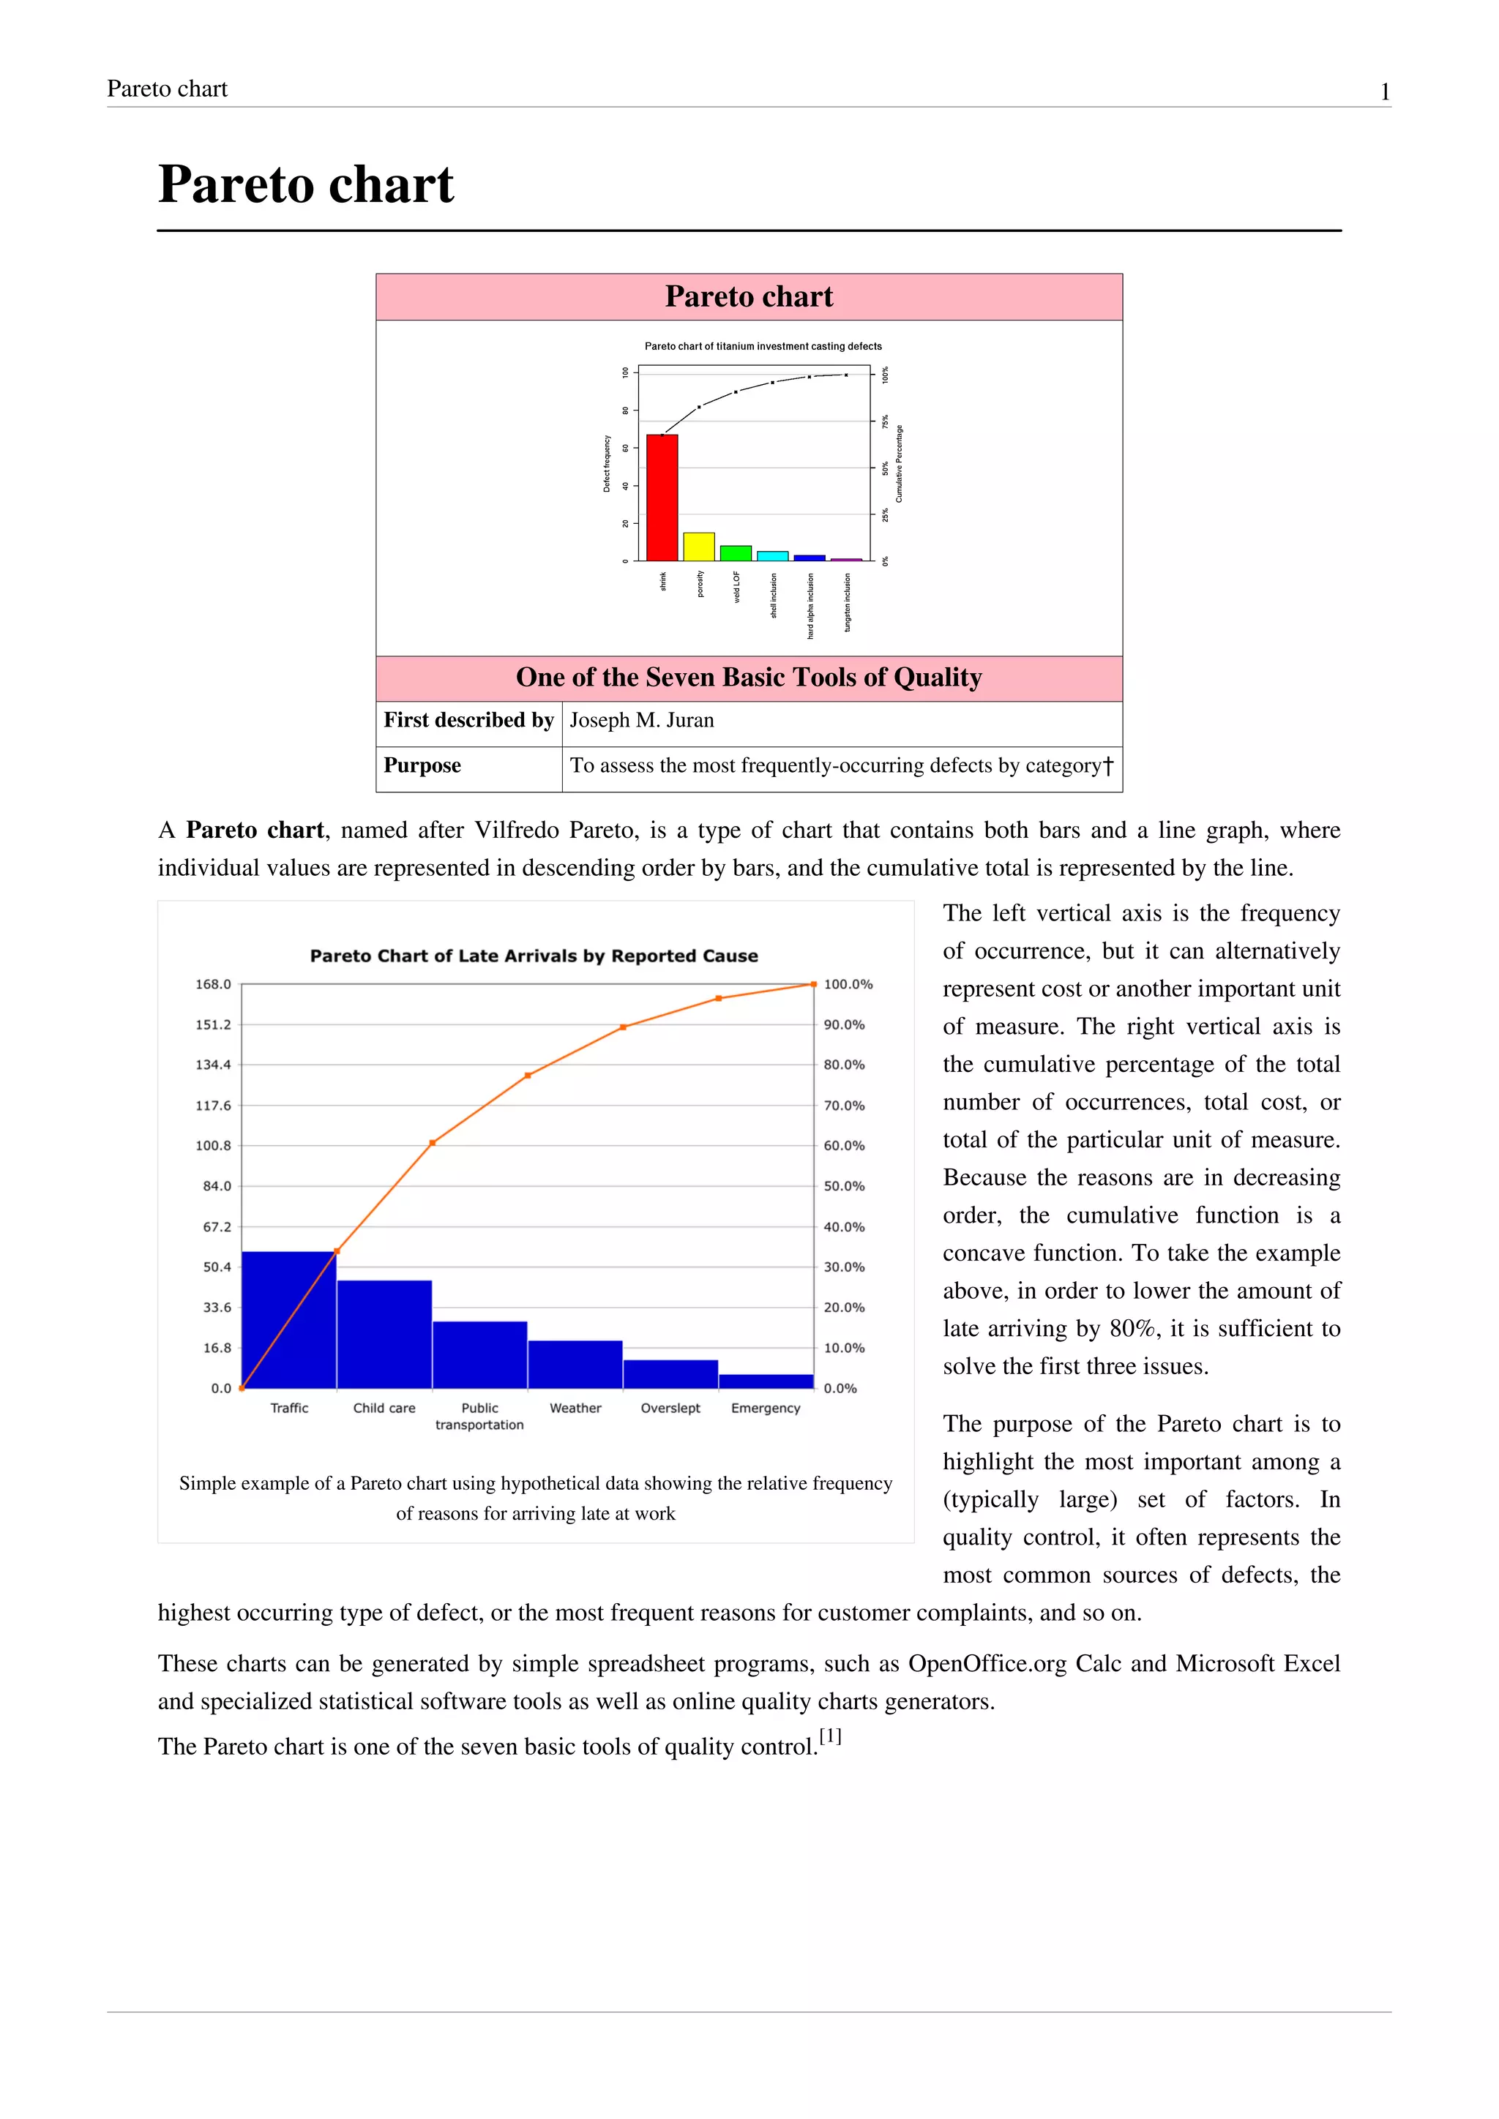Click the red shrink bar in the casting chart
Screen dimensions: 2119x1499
(662, 498)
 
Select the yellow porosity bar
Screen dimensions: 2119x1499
(699, 547)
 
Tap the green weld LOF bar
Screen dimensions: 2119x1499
(736, 553)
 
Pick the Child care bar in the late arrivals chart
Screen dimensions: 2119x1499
(384, 1335)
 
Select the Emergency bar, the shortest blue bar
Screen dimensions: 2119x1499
(766, 1381)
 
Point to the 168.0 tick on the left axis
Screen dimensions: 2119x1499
(213, 984)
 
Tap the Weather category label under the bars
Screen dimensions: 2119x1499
(575, 1408)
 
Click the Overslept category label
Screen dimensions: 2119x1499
(670, 1408)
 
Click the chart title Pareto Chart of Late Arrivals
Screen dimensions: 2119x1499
(534, 956)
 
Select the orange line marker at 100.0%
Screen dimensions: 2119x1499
(813, 984)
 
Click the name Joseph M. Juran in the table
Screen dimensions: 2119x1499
(641, 720)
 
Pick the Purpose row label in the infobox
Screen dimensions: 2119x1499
(422, 765)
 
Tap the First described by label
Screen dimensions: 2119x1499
(468, 720)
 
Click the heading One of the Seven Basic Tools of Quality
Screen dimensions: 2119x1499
(749, 678)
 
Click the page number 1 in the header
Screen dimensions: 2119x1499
(1385, 91)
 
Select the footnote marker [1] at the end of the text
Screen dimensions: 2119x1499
(830, 1736)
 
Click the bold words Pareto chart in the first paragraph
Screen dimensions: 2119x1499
(255, 830)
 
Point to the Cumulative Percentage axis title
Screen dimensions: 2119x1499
(899, 463)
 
